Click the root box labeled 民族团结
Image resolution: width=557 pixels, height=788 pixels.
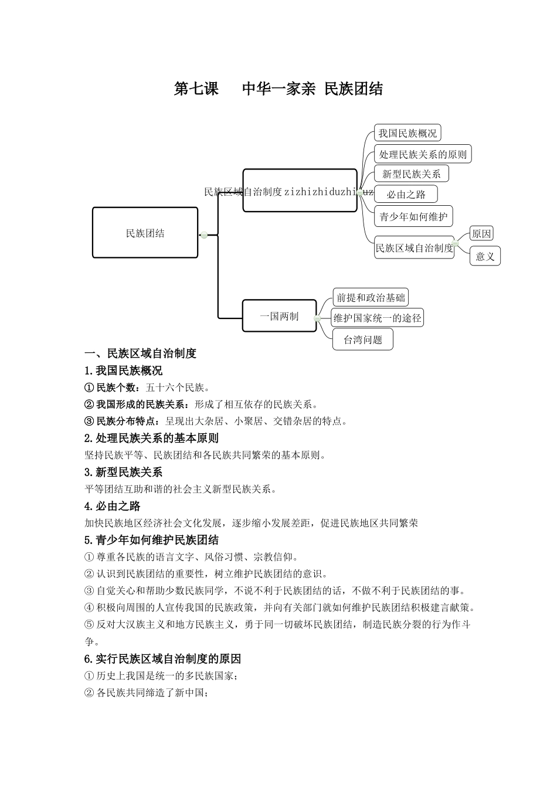(x=145, y=233)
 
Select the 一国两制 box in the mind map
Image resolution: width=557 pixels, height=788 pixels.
(x=279, y=316)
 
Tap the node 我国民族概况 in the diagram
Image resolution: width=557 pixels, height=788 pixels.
(x=407, y=133)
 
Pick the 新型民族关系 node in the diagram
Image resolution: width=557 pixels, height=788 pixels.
(x=411, y=174)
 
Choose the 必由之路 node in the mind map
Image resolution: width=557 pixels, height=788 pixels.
(x=406, y=194)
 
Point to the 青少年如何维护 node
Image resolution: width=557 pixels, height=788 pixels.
(x=413, y=216)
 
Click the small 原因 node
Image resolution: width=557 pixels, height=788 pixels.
(x=481, y=233)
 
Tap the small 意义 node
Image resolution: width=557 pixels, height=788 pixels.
(x=485, y=256)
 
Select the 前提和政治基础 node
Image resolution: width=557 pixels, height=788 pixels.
(x=371, y=297)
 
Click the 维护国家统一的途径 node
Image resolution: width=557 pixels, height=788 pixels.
(x=377, y=318)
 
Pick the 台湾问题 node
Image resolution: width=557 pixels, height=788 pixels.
(x=362, y=339)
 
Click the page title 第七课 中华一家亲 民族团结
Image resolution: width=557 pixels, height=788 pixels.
(x=278, y=89)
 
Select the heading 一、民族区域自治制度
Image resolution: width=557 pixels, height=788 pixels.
(x=141, y=353)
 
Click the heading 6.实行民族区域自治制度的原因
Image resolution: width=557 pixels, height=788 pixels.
(x=163, y=658)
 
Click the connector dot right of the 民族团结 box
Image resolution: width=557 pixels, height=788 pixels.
(x=204, y=235)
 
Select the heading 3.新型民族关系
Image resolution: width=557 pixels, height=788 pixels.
(x=124, y=472)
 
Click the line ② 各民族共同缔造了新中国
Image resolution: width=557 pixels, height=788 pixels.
(x=147, y=692)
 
